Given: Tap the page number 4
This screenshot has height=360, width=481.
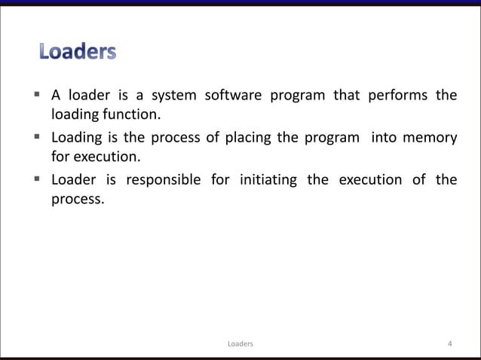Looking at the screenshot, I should point(449,344).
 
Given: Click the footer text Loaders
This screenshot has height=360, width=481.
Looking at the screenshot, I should point(240,344).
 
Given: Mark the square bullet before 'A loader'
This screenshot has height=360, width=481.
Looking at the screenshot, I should point(36,95).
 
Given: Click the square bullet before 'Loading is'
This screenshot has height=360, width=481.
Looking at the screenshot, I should point(36,137).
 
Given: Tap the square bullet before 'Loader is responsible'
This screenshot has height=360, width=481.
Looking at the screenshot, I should point(36,179).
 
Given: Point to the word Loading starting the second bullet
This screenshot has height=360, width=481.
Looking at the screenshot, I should point(77,138).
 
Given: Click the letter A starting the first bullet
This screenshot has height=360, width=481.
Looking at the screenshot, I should point(55,96).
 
